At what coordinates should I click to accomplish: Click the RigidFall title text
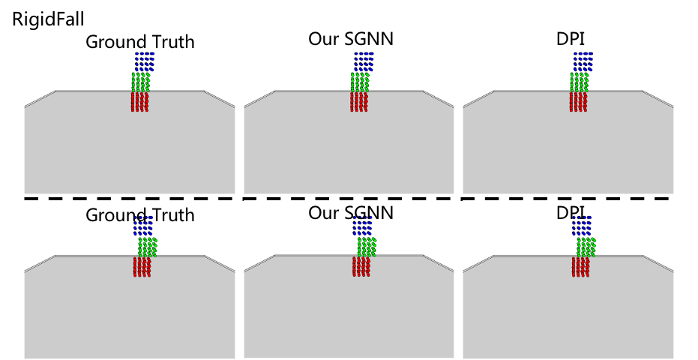pyautogui.click(x=48, y=18)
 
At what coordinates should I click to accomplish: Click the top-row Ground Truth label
pyautogui.click(x=140, y=42)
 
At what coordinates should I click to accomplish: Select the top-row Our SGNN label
pyautogui.click(x=351, y=39)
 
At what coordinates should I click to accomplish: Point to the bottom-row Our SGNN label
pyautogui.click(x=351, y=212)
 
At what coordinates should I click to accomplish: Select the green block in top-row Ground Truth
pyautogui.click(x=142, y=81)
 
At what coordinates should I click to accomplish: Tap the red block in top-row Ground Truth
pyautogui.click(x=140, y=101)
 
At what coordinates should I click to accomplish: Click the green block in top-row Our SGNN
pyautogui.click(x=361, y=81)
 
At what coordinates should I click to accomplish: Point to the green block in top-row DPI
pyautogui.click(x=580, y=81)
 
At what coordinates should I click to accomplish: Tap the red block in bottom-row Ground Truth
pyautogui.click(x=142, y=267)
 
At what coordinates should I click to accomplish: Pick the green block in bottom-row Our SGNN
pyautogui.click(x=367, y=247)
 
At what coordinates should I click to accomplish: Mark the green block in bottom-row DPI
pyautogui.click(x=586, y=247)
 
